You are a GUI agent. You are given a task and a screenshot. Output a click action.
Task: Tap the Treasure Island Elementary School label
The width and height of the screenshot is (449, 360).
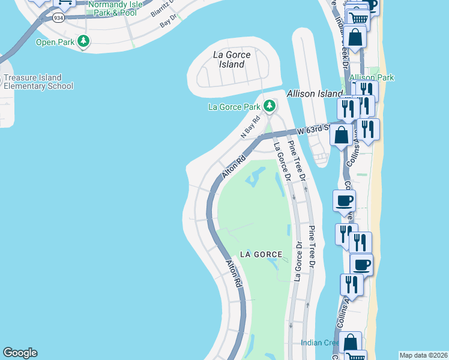click(x=38, y=82)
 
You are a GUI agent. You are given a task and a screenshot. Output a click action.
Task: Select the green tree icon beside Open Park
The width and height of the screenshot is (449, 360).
click(x=85, y=41)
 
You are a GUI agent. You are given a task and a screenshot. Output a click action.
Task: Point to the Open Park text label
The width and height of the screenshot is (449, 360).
click(x=55, y=42)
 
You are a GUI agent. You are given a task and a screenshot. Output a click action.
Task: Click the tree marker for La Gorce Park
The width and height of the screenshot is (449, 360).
click(x=270, y=106)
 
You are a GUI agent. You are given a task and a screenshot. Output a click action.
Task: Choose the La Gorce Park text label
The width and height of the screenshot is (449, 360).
click(x=234, y=107)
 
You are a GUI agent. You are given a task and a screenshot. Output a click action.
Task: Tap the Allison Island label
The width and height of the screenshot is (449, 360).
click(x=314, y=94)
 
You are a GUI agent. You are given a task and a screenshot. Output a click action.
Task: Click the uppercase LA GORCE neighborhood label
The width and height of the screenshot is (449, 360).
click(x=261, y=254)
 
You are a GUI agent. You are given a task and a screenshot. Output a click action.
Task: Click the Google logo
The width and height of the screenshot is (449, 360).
click(x=20, y=353)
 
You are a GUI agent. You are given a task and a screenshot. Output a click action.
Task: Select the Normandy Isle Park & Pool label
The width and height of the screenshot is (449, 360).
click(x=115, y=8)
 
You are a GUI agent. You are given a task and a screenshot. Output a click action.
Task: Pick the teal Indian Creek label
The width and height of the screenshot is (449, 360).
click(x=319, y=343)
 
